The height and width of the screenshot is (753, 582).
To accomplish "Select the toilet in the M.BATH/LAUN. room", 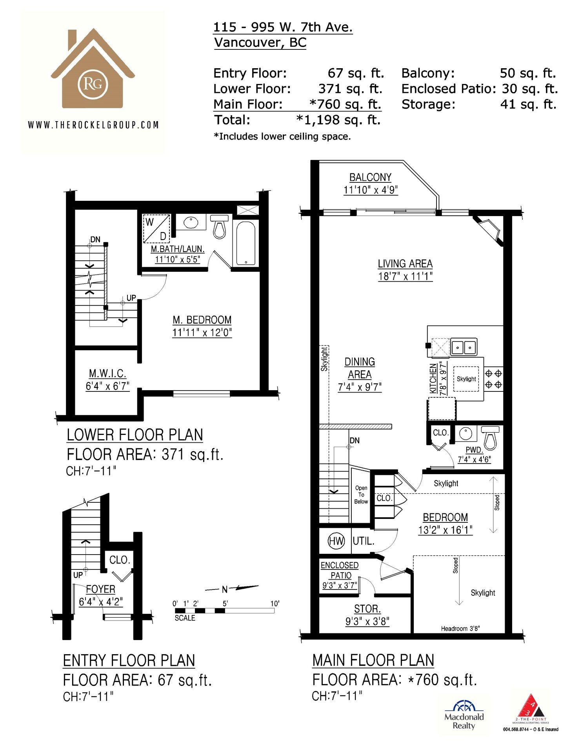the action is [220, 226].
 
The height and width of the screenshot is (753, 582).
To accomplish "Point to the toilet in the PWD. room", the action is [490, 437].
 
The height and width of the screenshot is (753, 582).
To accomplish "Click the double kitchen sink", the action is [464, 347].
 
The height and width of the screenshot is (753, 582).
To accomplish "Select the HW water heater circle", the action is [336, 541].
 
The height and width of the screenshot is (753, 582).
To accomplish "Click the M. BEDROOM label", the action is [202, 320].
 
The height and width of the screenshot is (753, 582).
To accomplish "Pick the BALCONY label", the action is [371, 178].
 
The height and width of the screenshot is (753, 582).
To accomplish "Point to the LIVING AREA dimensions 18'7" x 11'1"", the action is [405, 276].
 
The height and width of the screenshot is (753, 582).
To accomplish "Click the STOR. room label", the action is [367, 609].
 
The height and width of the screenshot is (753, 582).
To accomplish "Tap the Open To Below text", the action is [361, 495].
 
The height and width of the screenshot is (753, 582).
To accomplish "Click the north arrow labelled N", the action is [232, 589].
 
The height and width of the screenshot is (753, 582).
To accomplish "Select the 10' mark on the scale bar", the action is [275, 604].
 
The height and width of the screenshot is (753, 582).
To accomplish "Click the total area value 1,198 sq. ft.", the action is [338, 120].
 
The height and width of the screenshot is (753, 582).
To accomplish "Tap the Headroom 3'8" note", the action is [460, 629].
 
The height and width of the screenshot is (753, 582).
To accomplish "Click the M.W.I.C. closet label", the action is [107, 373].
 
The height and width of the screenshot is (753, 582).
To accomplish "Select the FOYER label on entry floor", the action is [101, 589].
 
